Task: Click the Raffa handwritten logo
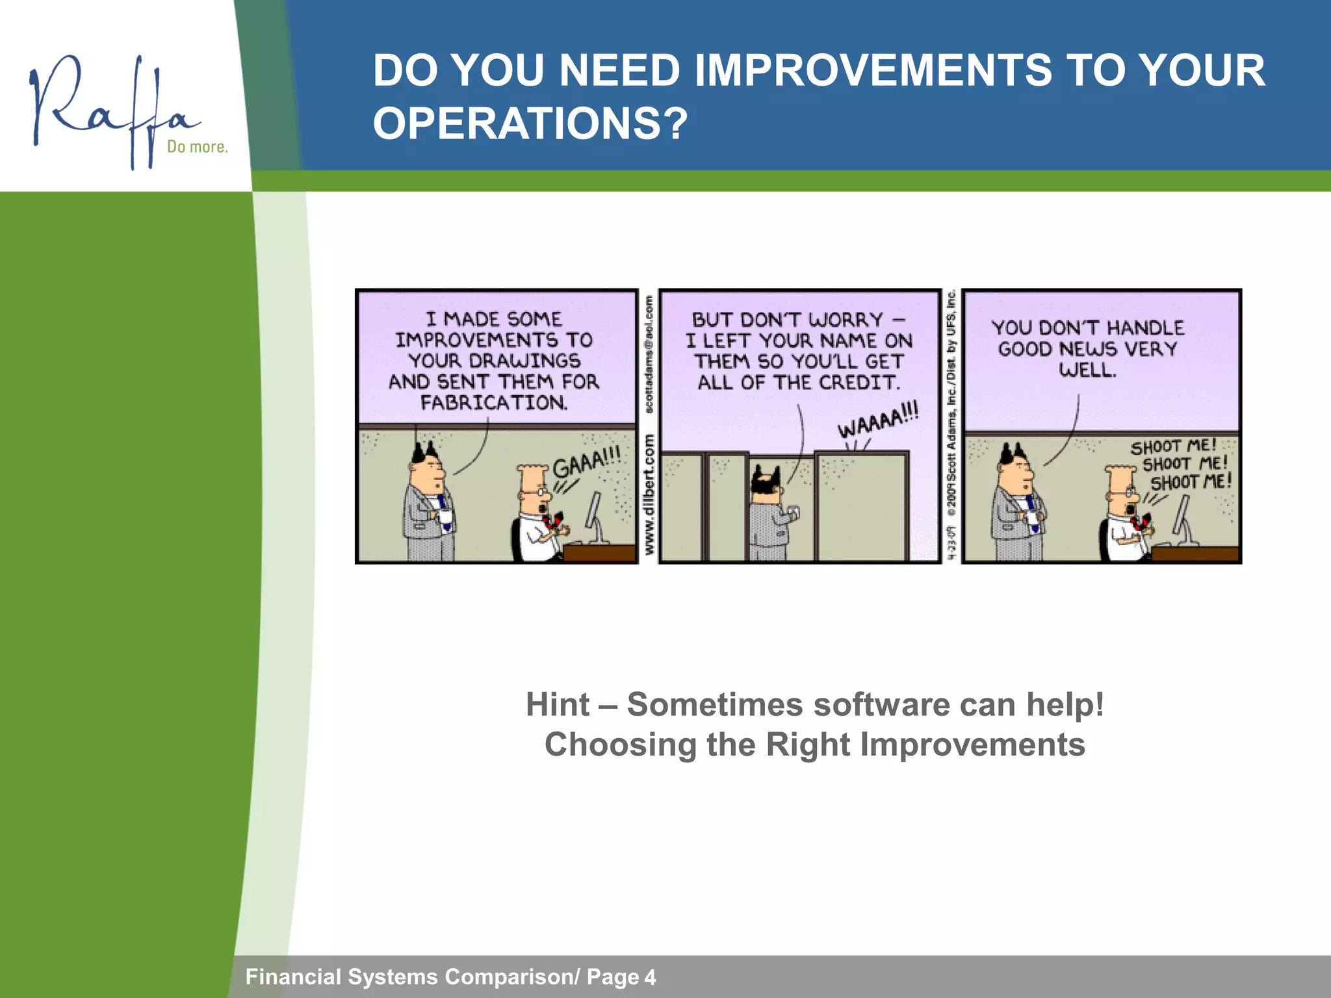[x=110, y=107]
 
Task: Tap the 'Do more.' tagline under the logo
[x=198, y=147]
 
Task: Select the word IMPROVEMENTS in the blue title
[x=873, y=70]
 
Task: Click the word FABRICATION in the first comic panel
[x=493, y=403]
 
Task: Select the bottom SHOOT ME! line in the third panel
[x=1191, y=483]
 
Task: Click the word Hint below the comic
[x=558, y=705]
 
